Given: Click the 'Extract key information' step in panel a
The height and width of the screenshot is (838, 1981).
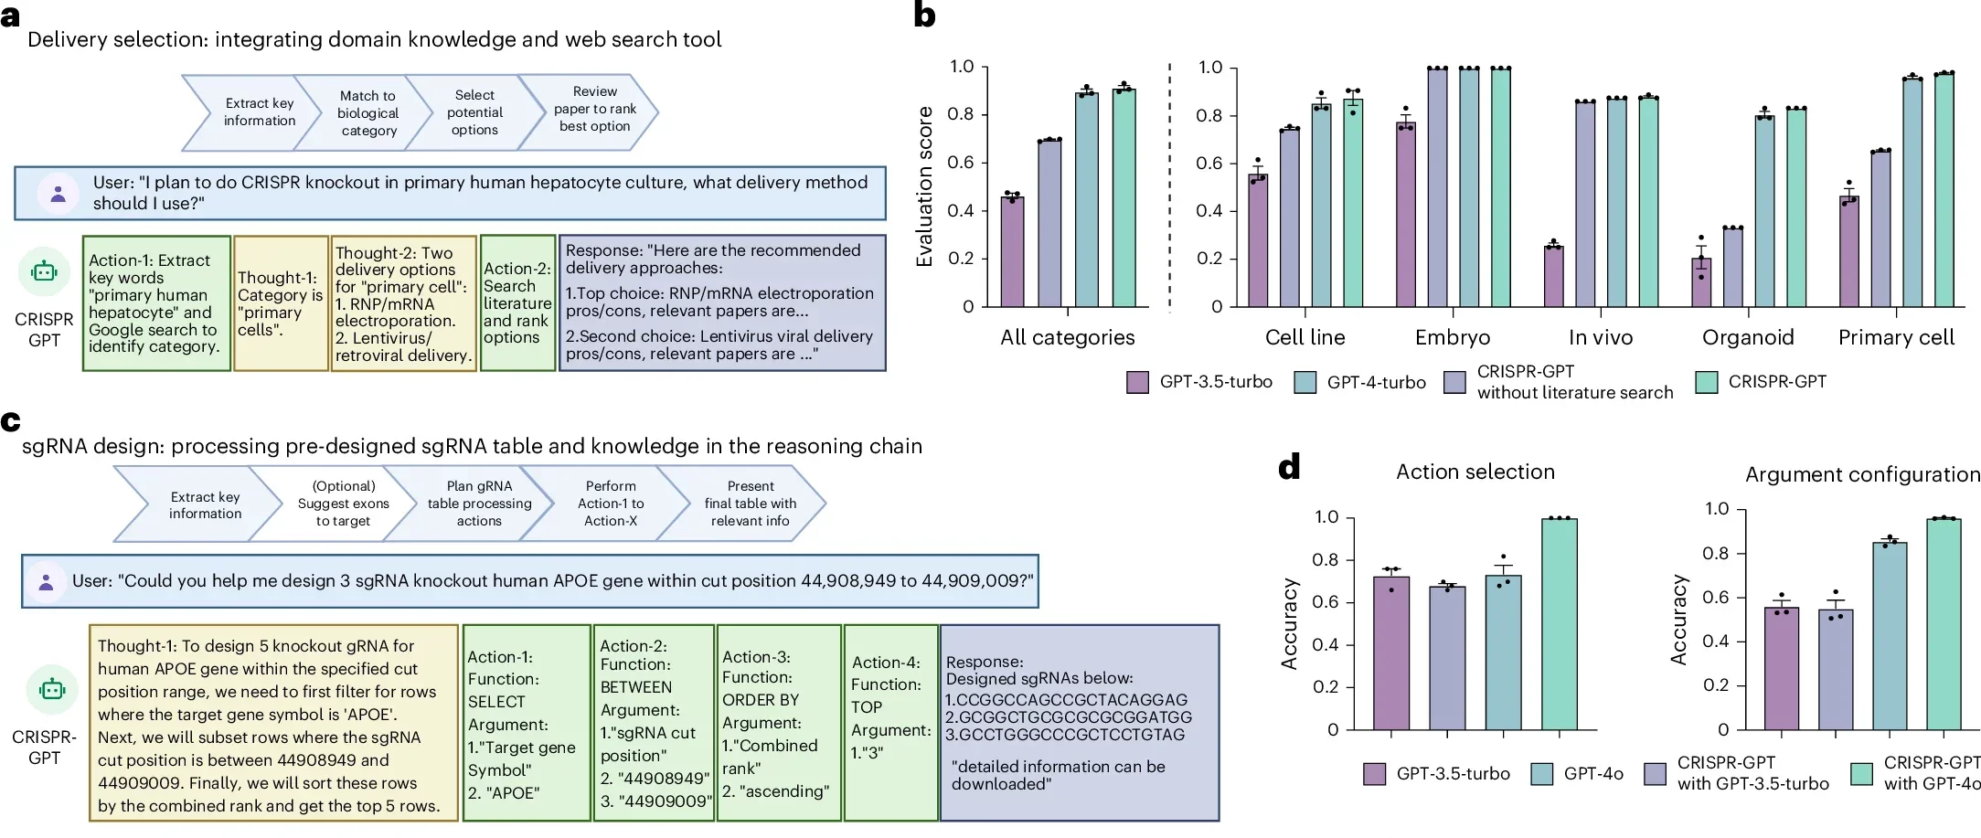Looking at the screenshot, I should tap(259, 112).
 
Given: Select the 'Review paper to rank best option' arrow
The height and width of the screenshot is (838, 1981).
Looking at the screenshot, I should tap(595, 110).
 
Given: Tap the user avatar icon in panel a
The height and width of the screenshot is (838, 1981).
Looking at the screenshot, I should tap(58, 193).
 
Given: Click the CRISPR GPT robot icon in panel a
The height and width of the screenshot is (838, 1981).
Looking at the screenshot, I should tap(44, 272).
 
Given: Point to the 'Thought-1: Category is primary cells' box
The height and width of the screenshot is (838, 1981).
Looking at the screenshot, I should tap(281, 303).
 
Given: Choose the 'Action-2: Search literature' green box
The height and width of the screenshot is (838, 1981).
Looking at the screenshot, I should tap(517, 303).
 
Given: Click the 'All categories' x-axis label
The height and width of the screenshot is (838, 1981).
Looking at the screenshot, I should tap(1067, 337).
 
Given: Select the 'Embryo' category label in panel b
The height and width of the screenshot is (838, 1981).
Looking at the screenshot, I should tap(1452, 337).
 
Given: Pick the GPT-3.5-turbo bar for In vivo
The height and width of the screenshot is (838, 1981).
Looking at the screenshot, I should tap(1553, 276).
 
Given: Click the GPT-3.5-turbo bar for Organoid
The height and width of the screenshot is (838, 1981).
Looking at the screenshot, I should tap(1701, 282).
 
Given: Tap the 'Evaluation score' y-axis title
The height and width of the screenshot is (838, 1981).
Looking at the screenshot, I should tap(924, 186).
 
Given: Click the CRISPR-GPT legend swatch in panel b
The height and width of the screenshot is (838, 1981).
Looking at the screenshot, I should tap(1706, 382).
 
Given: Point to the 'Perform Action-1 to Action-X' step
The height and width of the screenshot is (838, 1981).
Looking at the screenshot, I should tap(611, 504).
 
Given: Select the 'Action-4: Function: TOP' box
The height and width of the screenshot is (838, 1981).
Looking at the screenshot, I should tap(890, 722).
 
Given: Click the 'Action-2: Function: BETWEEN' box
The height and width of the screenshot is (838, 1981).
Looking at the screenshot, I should tap(653, 722).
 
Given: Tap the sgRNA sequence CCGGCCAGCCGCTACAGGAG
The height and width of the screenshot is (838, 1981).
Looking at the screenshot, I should tap(1071, 700).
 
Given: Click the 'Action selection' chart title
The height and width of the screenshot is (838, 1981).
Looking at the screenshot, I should tap(1475, 472).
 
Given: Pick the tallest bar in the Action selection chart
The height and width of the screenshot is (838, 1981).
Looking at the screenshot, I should tap(1559, 624).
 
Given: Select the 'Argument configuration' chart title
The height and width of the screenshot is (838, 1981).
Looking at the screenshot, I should tap(1861, 474).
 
